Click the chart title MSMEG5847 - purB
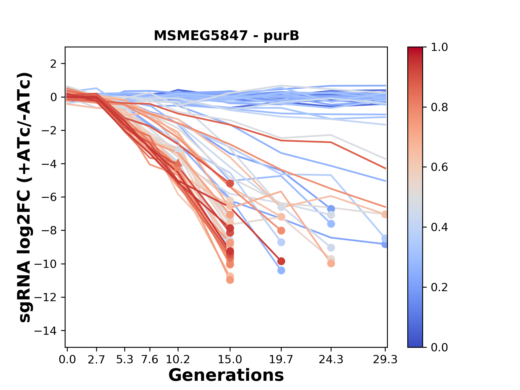point(226,36)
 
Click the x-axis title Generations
point(226,375)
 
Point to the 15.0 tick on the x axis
point(230,360)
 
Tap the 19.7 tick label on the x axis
point(281,360)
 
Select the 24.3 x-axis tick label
point(331,360)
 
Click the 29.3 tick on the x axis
point(385,360)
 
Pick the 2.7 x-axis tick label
point(96,360)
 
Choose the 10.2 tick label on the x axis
point(178,360)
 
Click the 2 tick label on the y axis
point(53,64)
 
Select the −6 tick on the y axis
point(49,197)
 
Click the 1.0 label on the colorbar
point(439,47)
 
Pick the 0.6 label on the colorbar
point(439,167)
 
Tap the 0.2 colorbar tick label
point(439,287)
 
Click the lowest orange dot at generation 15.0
point(230,280)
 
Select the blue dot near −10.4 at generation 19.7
point(281,270)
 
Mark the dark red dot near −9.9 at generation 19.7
point(281,261)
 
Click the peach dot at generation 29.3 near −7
point(385,214)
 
